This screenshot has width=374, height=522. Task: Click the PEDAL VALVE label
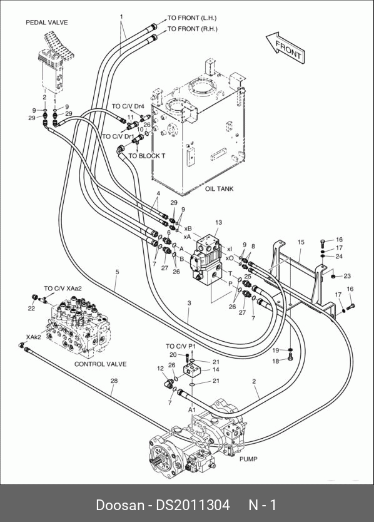46,23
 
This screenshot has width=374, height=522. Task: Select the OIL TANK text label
219,189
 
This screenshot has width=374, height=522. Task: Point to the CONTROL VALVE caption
100,364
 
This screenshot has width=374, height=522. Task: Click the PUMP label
248,459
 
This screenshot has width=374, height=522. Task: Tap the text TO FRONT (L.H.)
191,18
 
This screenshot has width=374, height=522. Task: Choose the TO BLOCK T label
147,156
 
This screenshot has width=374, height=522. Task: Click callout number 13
218,222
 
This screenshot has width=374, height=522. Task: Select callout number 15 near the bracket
301,242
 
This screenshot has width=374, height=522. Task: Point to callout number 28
114,381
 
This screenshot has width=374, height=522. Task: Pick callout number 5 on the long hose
117,272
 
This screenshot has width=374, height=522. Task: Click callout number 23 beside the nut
347,276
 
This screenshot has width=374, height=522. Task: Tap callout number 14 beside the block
216,369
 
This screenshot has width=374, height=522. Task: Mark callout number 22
31,309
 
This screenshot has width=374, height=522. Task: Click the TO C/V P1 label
181,346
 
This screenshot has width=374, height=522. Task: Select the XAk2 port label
33,337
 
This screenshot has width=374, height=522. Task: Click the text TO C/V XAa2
63,289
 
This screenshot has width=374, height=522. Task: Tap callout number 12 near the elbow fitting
160,369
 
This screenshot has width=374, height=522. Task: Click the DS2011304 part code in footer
193,505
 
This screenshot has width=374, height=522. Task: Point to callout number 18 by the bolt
276,361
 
